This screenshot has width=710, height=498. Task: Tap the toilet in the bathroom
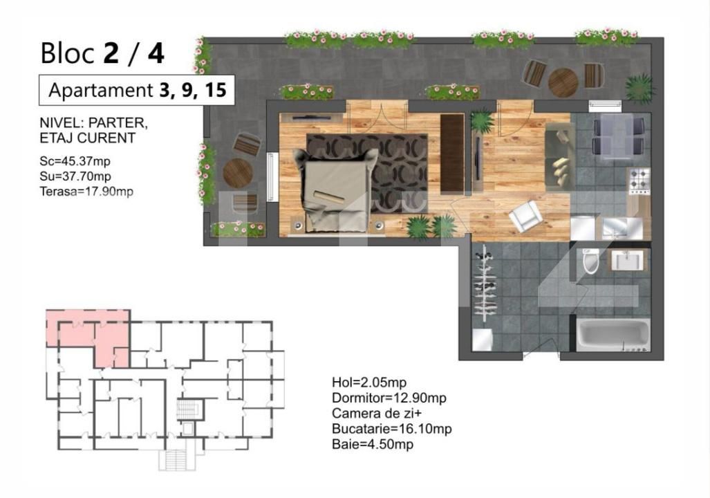pos(590,261)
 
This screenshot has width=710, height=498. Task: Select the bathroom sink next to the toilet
pos(626,261)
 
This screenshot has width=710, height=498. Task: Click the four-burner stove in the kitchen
pos(639,181)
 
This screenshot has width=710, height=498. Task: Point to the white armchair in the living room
pos(525,216)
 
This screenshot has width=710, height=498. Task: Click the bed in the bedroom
pos(335,190)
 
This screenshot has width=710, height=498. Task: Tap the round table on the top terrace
pos(563,82)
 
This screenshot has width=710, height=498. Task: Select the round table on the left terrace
pos(238,173)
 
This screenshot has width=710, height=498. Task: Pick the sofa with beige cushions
pos(560,156)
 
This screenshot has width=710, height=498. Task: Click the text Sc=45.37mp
pos(75,161)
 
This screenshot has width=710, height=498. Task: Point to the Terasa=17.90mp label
pos(86,191)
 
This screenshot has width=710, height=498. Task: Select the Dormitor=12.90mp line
pos(389,398)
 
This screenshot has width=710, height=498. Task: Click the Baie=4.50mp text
pos(373,444)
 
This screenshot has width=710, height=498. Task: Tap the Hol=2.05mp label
pos(369,382)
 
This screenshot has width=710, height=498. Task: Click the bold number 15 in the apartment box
pos(215,90)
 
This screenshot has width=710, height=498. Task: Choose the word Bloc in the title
pos(68,53)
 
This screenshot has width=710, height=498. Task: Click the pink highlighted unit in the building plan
pos(88,338)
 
